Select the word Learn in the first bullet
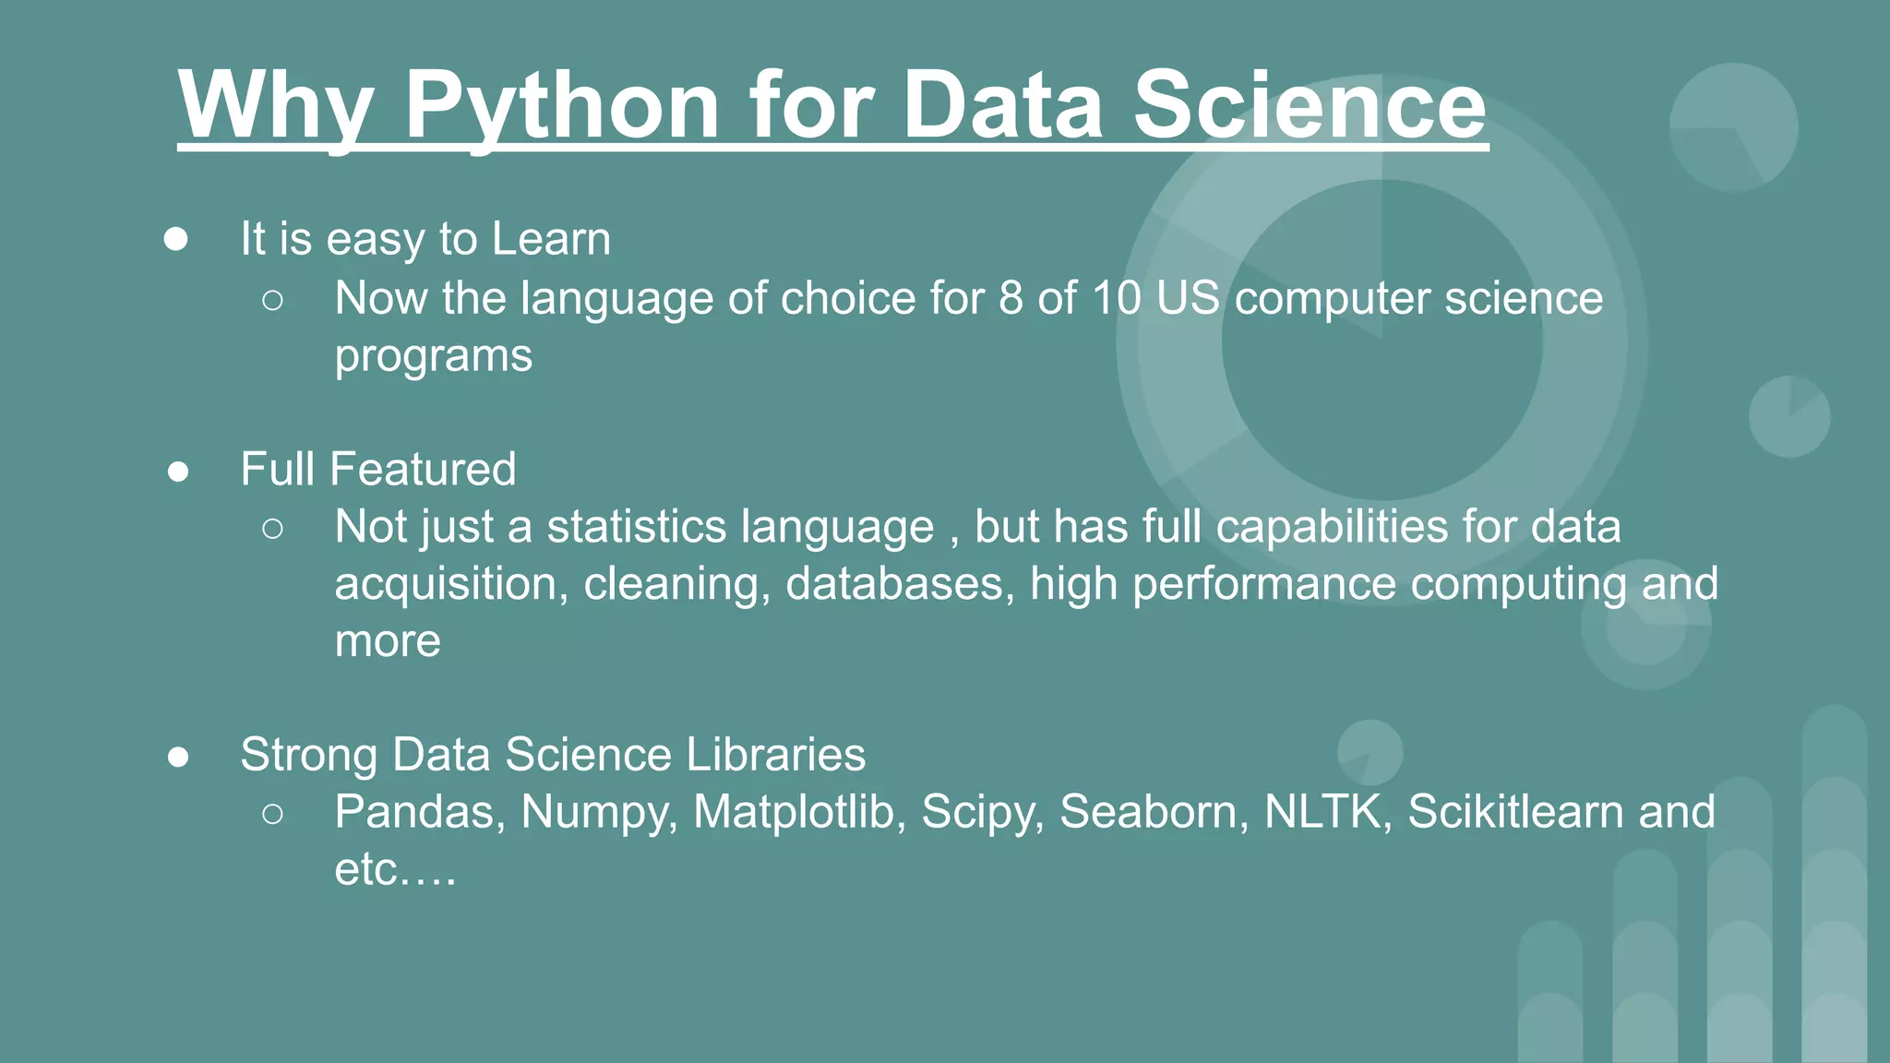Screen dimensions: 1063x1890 click(551, 239)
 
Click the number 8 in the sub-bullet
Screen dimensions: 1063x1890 click(1011, 299)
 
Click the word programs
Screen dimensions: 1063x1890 click(433, 357)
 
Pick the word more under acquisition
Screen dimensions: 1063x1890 click(388, 641)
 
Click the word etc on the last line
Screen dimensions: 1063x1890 click(366, 870)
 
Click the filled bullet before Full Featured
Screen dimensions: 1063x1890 click(178, 472)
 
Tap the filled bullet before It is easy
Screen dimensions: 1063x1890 click(176, 240)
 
